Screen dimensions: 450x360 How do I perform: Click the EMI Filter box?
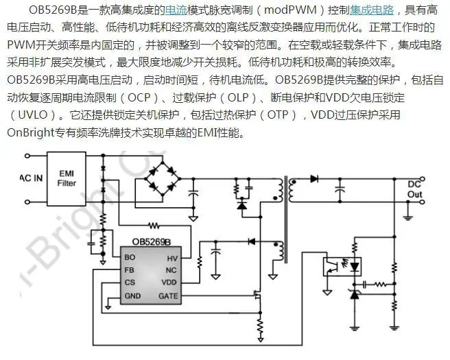[x=67, y=179]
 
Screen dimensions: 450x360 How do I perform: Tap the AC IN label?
[x=32, y=178]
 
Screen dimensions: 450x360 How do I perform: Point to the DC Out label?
[x=414, y=189]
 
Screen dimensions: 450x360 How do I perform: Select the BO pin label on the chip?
[x=130, y=257]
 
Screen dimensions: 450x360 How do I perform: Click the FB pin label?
[x=129, y=270]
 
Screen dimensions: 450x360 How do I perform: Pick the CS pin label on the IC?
[x=130, y=283]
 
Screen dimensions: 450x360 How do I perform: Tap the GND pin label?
[x=132, y=296]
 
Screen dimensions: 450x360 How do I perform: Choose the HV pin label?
[x=172, y=259]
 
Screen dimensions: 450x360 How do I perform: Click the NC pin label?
[x=171, y=270]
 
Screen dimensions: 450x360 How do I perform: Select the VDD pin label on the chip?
[x=169, y=283]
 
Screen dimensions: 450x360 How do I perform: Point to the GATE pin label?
[x=168, y=296]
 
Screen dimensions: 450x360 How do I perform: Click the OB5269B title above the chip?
[x=151, y=242]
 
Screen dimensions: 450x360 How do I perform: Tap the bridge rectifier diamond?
[x=163, y=179]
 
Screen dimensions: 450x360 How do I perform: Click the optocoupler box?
[x=342, y=267]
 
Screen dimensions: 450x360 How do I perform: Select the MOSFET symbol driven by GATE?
[x=257, y=295]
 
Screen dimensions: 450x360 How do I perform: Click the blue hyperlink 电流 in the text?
[x=176, y=10]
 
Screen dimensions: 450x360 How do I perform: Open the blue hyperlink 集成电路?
[x=372, y=10]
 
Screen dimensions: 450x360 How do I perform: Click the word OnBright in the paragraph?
[x=31, y=132]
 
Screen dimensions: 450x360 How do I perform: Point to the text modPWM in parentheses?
[x=290, y=10]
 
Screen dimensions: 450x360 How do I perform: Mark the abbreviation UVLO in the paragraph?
[x=33, y=115]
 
